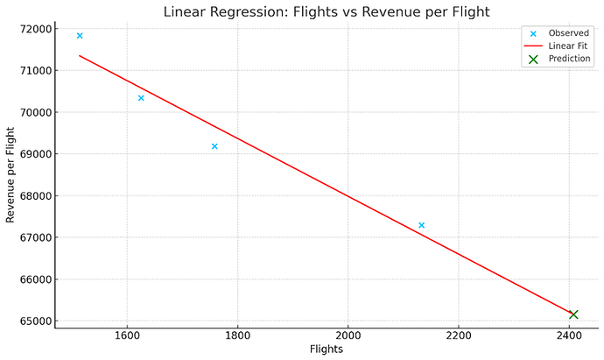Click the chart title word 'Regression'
(235, 11)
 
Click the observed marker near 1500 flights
(80, 36)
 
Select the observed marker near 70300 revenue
(141, 98)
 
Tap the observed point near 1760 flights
(214, 146)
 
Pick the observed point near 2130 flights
(421, 225)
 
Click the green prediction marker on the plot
(573, 314)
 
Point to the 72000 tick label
(34, 29)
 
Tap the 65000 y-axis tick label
(34, 321)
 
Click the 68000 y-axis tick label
(34, 196)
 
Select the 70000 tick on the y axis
(34, 112)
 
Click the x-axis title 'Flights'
(327, 349)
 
